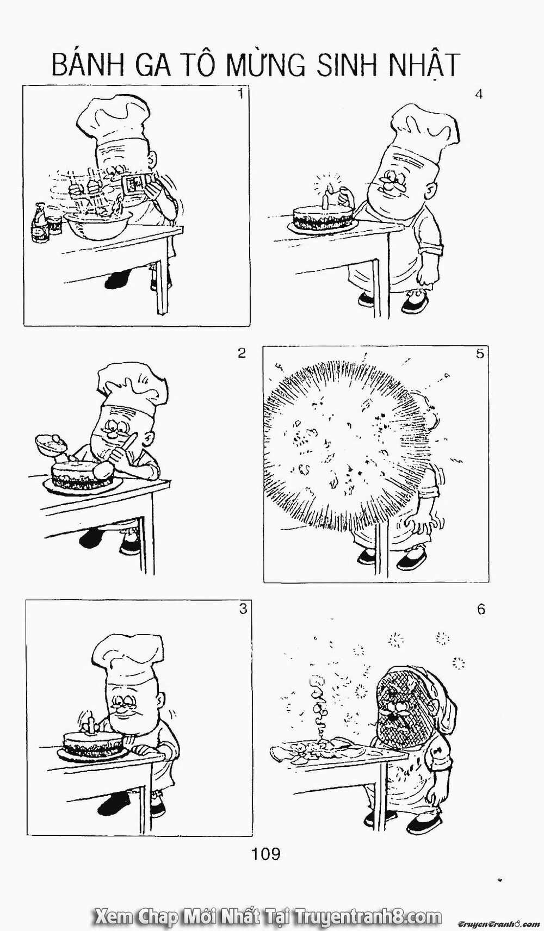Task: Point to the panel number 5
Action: [x=479, y=353]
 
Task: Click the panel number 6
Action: [x=480, y=609]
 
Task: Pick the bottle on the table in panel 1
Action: [x=39, y=223]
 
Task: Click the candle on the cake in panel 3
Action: [x=92, y=725]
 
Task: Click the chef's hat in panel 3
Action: [x=126, y=655]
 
